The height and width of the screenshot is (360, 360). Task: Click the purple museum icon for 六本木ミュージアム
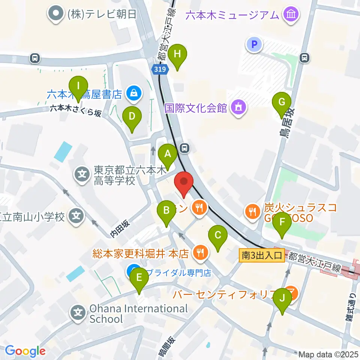[291, 15]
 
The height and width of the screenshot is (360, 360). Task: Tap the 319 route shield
[157, 69]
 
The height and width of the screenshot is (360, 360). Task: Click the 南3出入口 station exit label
[262, 256]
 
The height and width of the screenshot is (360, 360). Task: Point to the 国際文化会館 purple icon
[238, 108]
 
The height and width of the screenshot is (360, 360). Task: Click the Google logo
[25, 351]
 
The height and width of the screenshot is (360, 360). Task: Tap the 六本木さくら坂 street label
[76, 110]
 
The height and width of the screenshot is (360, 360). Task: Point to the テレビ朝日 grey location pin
[56, 14]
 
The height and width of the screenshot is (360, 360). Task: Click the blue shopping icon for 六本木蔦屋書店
[133, 94]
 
